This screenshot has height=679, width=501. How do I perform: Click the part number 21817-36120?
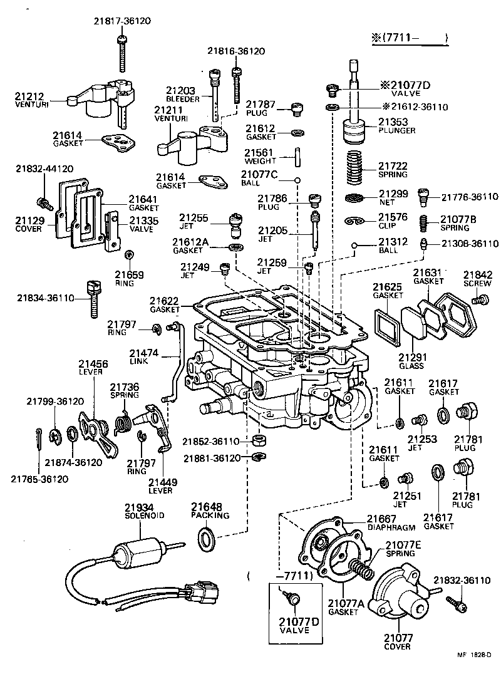[123, 21]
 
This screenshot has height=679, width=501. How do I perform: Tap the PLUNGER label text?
[396, 130]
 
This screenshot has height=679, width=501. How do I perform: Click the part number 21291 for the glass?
[411, 356]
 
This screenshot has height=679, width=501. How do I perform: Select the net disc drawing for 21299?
[355, 199]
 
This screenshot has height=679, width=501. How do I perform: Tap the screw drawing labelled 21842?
[480, 301]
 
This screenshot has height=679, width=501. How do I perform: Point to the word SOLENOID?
[144, 515]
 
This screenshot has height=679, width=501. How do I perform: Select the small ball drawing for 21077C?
[298, 181]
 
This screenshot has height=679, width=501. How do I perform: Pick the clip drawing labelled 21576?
[354, 221]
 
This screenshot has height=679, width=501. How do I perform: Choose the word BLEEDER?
[183, 99]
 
